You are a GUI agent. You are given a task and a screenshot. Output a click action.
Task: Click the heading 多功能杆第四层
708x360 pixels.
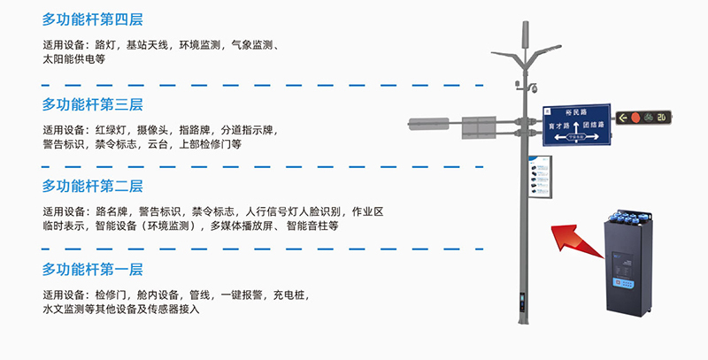tap(92, 19)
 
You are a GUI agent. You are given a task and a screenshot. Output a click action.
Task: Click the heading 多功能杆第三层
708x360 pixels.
tap(92, 104)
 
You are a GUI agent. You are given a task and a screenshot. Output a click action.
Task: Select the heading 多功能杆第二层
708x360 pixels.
tap(92, 187)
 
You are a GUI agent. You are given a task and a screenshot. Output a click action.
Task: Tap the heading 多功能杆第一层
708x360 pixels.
tap(92, 269)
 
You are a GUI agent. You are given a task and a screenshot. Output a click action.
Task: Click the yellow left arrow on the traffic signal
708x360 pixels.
tap(621, 117)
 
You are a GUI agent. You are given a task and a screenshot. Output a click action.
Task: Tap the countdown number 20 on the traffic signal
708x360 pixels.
tap(663, 117)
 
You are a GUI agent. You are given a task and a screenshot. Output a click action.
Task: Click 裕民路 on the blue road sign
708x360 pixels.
tap(570, 112)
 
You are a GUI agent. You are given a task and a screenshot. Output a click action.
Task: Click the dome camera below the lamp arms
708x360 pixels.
tap(534, 90)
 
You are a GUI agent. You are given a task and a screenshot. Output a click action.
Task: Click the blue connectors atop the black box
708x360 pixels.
tap(631, 213)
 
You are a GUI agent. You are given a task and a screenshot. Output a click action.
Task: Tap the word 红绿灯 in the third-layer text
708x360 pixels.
tap(108, 129)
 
